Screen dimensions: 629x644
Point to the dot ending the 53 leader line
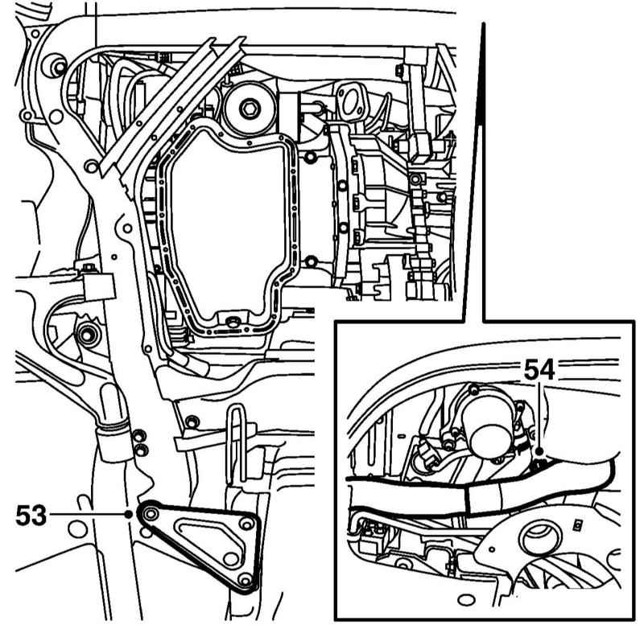click(x=130, y=513)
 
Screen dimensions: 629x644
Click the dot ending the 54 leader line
click(x=537, y=455)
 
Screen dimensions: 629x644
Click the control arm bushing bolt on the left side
click(x=86, y=333)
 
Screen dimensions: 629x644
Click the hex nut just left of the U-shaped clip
click(x=192, y=422)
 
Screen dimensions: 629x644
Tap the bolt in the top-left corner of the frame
click(x=56, y=64)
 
